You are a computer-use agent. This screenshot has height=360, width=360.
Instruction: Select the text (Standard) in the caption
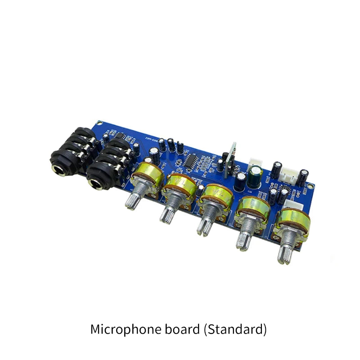[235, 329]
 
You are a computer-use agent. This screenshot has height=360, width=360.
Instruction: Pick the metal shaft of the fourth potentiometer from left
[243, 238]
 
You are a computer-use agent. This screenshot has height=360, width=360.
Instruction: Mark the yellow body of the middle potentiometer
[216, 198]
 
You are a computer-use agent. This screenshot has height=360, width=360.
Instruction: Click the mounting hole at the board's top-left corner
[99, 123]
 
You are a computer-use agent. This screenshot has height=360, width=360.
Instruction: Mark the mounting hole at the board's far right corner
[310, 186]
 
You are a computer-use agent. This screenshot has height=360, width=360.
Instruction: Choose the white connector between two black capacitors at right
[288, 173]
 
